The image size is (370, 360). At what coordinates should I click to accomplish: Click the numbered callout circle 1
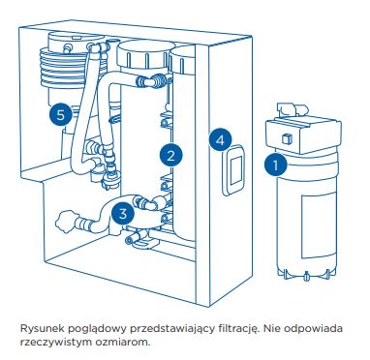[275, 165]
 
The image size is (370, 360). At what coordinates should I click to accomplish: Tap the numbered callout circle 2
[170, 156]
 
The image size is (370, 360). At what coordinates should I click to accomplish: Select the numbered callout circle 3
[123, 213]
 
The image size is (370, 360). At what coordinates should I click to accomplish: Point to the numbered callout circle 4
[220, 140]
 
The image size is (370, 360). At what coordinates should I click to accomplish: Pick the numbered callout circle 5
[61, 114]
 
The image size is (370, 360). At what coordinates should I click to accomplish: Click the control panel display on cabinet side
[233, 170]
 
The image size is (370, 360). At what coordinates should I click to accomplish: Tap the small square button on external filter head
[287, 138]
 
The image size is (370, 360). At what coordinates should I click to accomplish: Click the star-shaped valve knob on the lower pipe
[63, 221]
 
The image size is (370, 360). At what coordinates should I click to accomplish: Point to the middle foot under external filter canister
[306, 276]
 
